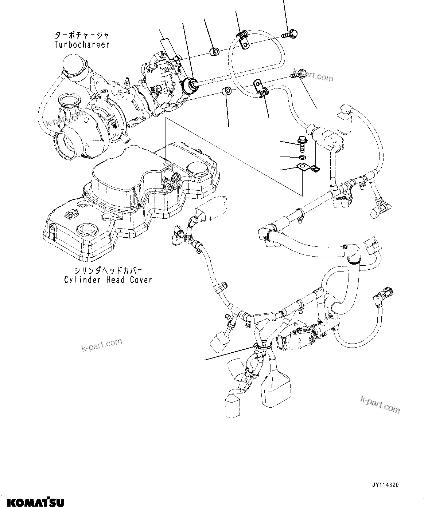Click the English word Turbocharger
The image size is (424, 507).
pos(82,45)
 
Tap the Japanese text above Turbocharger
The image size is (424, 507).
pos(82,36)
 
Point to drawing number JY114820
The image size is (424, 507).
pos(385,485)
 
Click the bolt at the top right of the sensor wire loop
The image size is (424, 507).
pos(291,34)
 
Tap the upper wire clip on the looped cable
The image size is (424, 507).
pos(242,39)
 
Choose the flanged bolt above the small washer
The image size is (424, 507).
pos(302,143)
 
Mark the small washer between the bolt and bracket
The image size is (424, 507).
pos(302,157)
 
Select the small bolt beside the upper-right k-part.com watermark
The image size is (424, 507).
pos(295,75)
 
